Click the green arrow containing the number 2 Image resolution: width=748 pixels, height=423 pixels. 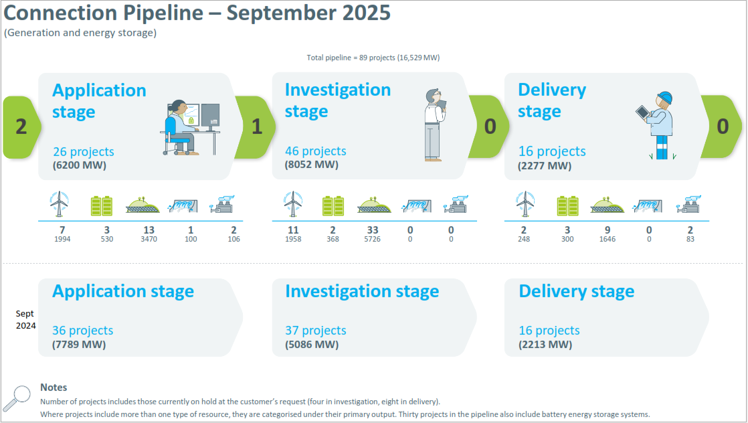(x=21, y=127)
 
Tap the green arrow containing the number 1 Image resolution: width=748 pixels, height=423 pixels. (x=256, y=127)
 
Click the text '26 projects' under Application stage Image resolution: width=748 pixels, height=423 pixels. (x=84, y=152)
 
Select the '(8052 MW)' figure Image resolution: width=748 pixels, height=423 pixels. (x=312, y=165)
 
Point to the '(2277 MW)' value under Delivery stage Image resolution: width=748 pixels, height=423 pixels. (x=545, y=166)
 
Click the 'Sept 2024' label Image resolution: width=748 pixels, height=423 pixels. (x=25, y=319)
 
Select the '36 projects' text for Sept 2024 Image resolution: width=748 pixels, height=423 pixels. (x=82, y=331)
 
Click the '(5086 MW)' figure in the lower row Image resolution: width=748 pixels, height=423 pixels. (x=312, y=345)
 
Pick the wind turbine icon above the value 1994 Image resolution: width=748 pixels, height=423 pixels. (x=59, y=204)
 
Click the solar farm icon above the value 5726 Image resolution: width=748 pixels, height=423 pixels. (x=374, y=205)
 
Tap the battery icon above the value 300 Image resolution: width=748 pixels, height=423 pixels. (x=567, y=205)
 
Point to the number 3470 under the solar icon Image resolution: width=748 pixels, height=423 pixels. (x=149, y=239)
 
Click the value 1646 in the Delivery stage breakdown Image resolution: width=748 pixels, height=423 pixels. (x=607, y=239)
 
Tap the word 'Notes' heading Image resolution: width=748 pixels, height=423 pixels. (x=54, y=388)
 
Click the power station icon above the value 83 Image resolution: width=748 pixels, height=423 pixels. (x=689, y=205)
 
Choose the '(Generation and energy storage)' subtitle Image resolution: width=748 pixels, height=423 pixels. (x=80, y=33)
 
